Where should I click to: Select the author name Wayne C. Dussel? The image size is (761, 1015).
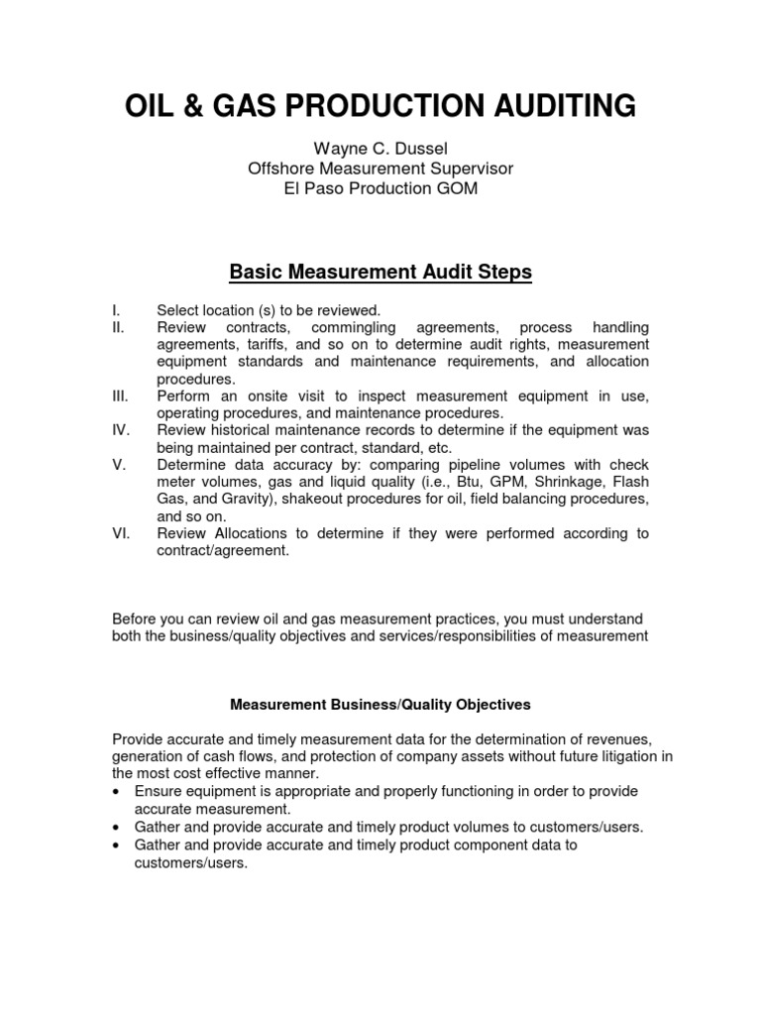tap(380, 149)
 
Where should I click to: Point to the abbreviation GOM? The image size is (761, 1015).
tap(455, 188)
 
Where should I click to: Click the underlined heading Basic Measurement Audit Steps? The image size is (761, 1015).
tap(380, 271)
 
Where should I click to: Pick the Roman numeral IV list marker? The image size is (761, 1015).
tap(120, 431)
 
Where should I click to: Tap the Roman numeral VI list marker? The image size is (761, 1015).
tap(120, 533)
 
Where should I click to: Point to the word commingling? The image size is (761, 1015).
tap(353, 327)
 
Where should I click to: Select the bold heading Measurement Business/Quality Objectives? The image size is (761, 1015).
tap(380, 705)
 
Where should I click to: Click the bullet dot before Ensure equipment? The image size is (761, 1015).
tap(118, 792)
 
